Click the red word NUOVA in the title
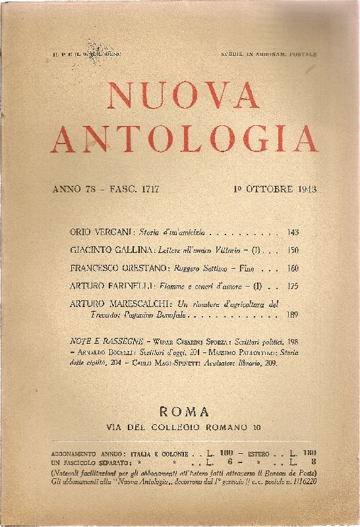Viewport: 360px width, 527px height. click(180, 97)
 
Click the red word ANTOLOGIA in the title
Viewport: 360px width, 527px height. click(184, 138)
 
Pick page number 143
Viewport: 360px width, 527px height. click(293, 233)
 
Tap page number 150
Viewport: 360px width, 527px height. click(293, 250)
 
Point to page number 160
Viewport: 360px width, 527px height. click(293, 268)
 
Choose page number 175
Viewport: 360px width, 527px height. click(293, 286)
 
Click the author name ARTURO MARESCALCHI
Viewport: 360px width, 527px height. click(119, 304)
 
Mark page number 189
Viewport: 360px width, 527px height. click(293, 316)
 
